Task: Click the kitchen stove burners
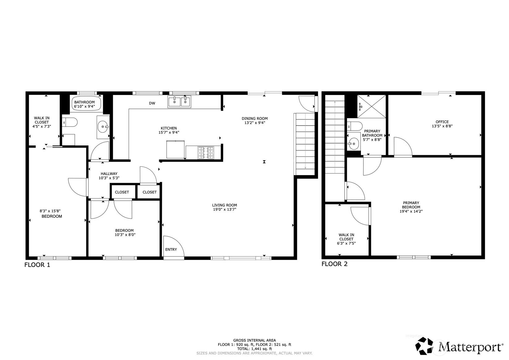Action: pyautogui.click(x=206, y=152)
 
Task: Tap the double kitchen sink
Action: pyautogui.click(x=179, y=101)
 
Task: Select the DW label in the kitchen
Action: pyautogui.click(x=152, y=103)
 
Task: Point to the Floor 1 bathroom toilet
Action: pyautogui.click(x=70, y=122)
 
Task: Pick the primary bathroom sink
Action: pyautogui.click(x=354, y=144)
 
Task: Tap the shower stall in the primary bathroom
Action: pyautogui.click(x=371, y=106)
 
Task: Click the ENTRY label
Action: pyautogui.click(x=171, y=250)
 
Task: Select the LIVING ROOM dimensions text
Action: pyautogui.click(x=224, y=209)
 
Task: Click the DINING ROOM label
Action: pyautogui.click(x=255, y=118)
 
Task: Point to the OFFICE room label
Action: pyautogui.click(x=442, y=122)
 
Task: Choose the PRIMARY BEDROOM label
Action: pyautogui.click(x=411, y=205)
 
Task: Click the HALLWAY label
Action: pyautogui.click(x=109, y=174)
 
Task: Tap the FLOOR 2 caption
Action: pyautogui.click(x=334, y=264)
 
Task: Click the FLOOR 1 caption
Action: pyautogui.click(x=37, y=265)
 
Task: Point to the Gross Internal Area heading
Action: pyautogui.click(x=255, y=341)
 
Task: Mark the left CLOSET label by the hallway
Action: pyautogui.click(x=122, y=192)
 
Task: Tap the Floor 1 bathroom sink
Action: pyautogui.click(x=103, y=127)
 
